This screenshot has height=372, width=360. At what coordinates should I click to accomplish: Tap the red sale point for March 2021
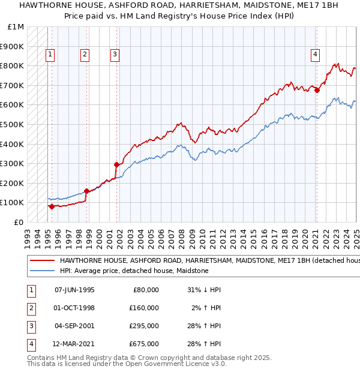tap(317, 91)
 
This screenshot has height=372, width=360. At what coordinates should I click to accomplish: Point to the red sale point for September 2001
tap(116, 164)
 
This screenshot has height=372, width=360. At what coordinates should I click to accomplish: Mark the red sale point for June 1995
tap(52, 206)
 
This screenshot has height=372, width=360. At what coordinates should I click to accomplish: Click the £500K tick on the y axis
tap(13, 124)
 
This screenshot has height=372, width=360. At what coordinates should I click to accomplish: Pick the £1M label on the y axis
tap(16, 27)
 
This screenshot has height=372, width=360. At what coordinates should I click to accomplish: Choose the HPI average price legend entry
tap(133, 271)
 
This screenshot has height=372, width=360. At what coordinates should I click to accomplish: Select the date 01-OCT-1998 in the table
tap(74, 308)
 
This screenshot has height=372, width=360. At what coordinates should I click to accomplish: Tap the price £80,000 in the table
tap(146, 290)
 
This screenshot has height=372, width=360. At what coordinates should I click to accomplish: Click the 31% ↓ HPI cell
tap(203, 290)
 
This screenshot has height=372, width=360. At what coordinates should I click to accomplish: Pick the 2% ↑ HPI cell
tap(205, 308)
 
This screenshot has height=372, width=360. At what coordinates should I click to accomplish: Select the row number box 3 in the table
tap(29, 326)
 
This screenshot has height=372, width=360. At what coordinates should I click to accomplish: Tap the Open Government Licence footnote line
tap(127, 364)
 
